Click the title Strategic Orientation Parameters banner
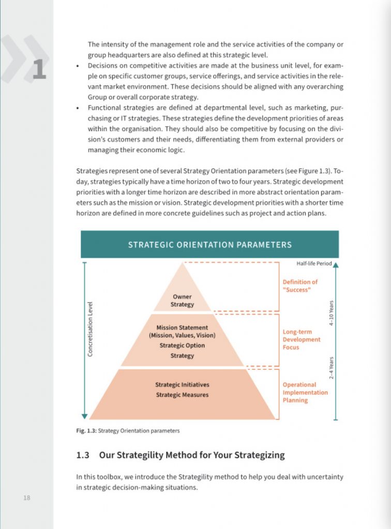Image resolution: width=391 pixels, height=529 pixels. click(x=209, y=244)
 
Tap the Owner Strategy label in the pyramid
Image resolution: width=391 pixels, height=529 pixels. click(x=182, y=301)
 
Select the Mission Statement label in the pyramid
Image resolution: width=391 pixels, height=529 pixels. click(x=182, y=328)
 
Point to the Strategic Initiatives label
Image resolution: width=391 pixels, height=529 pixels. click(x=182, y=385)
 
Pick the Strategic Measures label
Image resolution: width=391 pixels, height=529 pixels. click(x=182, y=395)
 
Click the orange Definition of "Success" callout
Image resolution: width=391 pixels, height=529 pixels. click(x=300, y=286)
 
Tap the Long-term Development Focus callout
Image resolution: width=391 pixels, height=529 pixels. click(x=302, y=340)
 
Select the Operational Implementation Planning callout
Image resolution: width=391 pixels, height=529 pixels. click(x=305, y=392)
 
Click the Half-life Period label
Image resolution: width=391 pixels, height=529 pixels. click(x=313, y=264)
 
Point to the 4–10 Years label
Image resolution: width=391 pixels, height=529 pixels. click(x=332, y=313)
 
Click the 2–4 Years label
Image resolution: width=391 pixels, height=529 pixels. click(x=332, y=367)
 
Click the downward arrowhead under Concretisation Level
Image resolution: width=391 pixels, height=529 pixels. click(x=84, y=416)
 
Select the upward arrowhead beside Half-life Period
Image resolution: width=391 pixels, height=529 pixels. click(x=336, y=265)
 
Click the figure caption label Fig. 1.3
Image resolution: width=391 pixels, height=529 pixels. click(x=86, y=430)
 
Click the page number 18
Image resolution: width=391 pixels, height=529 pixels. click(x=27, y=498)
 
